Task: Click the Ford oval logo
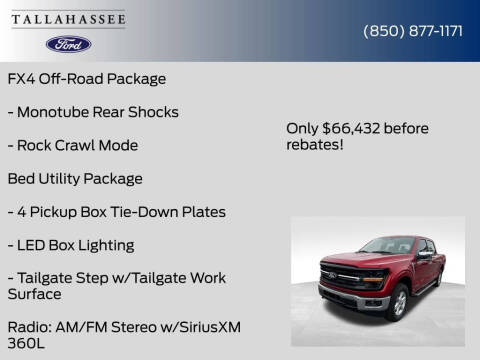68,44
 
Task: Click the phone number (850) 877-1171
412,31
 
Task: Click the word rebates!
315,144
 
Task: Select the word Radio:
31,327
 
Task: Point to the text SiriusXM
207,327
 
